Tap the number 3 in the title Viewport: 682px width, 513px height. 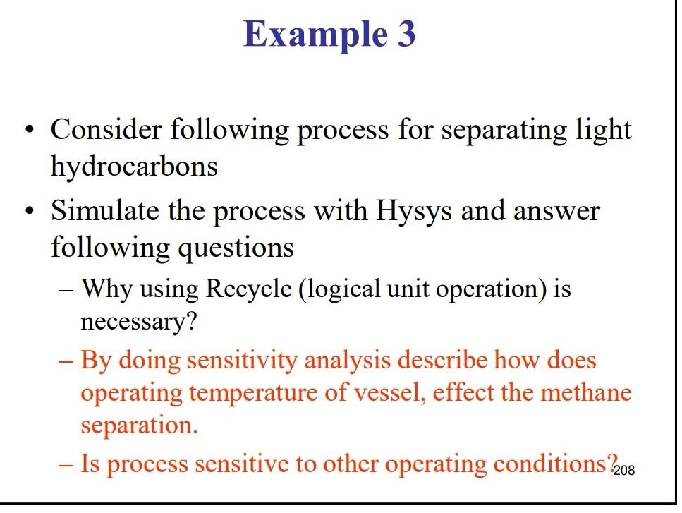404,34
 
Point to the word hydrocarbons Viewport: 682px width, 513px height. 134,167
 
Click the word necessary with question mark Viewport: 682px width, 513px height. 139,322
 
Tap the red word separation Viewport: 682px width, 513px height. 139,426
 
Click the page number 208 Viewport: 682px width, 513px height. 624,471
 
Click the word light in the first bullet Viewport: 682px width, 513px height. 604,130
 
